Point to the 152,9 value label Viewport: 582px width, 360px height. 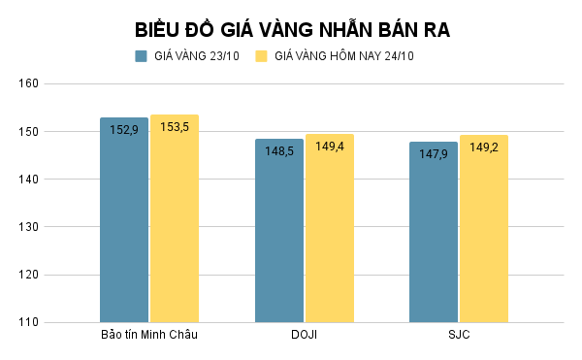(124, 129)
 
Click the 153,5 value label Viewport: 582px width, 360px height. (175, 126)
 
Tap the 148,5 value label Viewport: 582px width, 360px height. (279, 150)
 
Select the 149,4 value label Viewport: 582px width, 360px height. (330, 146)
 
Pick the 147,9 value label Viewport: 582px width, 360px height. (434, 153)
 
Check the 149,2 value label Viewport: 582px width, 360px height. (484, 147)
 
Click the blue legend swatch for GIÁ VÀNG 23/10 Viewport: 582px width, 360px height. (142, 56)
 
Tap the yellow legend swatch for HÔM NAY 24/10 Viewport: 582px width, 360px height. (261, 56)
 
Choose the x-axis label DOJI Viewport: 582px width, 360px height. (304, 336)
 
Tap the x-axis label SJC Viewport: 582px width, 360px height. (459, 336)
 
